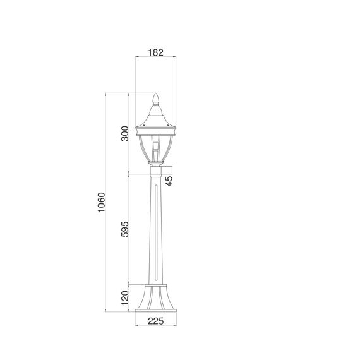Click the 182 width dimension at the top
point(155,53)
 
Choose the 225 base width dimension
point(155,321)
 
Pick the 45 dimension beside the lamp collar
point(169,180)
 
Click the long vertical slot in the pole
point(155,234)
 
